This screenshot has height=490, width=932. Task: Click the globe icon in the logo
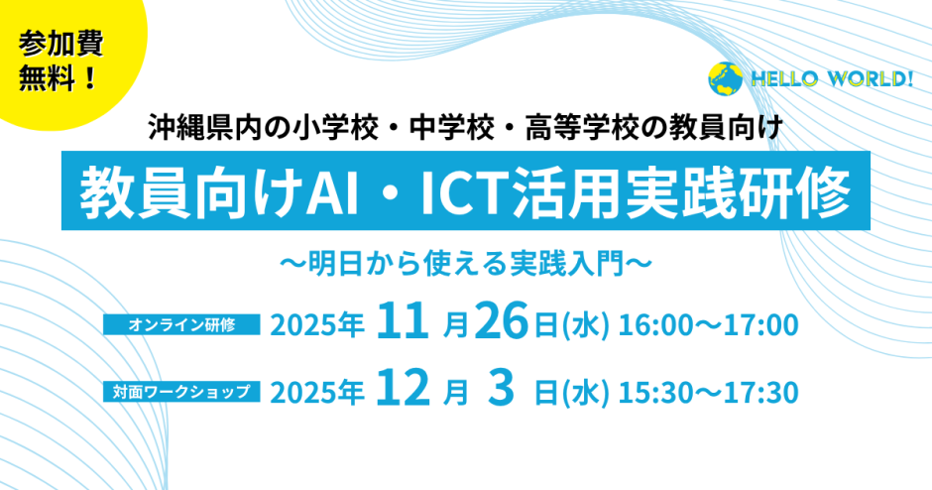coord(725,79)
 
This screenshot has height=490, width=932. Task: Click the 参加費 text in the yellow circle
coord(60,44)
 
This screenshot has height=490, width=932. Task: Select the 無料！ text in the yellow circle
coord(58,78)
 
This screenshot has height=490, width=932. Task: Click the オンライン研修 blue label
coord(181,324)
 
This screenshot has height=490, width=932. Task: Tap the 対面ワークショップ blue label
coord(181,392)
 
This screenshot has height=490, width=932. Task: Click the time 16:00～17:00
coord(709,325)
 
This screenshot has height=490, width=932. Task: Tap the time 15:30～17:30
coord(709,393)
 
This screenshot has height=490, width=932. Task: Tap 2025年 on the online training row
coord(317,325)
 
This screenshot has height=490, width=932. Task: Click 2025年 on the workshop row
coord(317,393)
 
